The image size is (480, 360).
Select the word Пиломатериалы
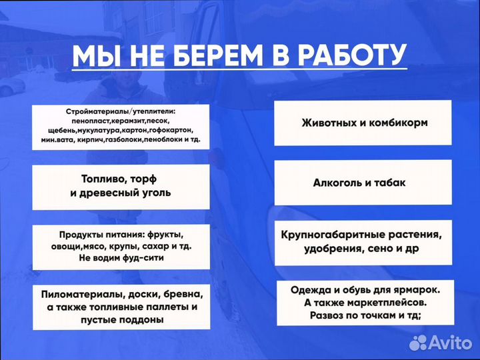[83, 294]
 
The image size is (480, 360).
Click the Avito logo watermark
[439, 342]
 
